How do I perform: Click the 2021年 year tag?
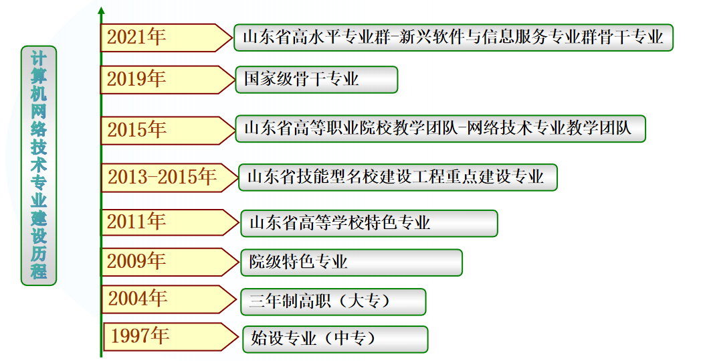point(161,38)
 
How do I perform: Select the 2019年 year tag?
point(161,79)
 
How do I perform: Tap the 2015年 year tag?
point(161,129)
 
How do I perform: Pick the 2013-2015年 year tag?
point(164,177)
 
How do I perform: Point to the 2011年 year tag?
point(161,221)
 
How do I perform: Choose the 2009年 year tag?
point(161,261)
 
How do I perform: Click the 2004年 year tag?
point(161,299)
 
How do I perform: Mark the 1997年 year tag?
point(164,336)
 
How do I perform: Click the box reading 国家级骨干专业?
point(316,79)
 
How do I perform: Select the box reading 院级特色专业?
point(351,262)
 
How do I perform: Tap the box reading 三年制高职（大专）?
point(332,301)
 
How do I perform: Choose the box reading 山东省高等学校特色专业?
point(369,223)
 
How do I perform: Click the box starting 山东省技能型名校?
point(397,177)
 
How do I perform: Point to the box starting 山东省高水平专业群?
point(453,38)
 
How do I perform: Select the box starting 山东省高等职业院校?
point(440,129)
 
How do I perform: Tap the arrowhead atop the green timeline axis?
point(101,11)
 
